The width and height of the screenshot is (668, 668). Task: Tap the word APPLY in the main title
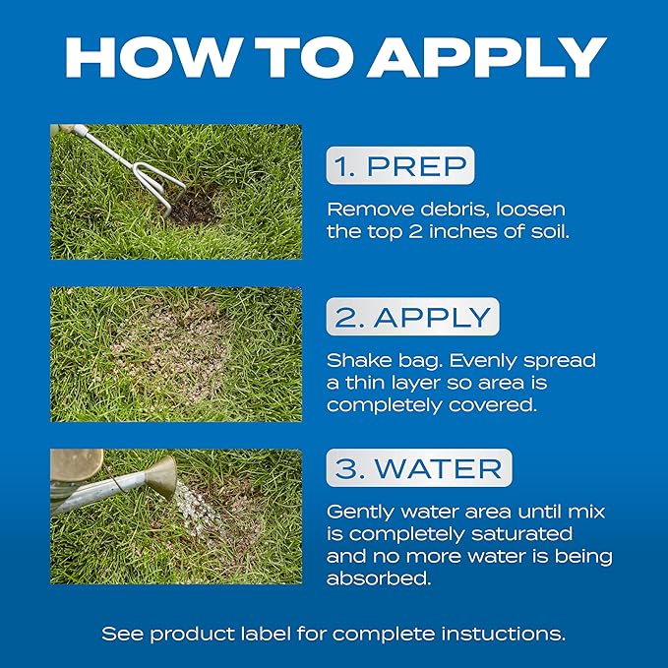click(487, 57)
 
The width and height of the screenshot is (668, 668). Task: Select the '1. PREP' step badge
click(400, 165)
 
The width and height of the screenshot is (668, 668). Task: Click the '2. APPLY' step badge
click(412, 317)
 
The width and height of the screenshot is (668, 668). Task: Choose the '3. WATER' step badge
click(419, 467)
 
